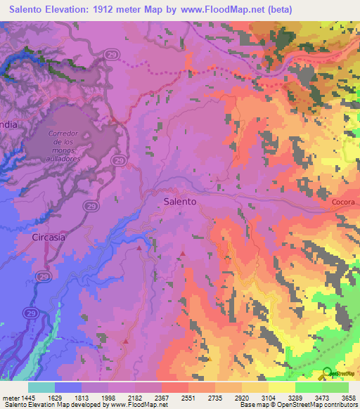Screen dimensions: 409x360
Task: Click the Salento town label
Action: click(x=180, y=201)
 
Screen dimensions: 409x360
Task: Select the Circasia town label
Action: click(x=49, y=238)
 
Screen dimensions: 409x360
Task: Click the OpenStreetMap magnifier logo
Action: click(x=327, y=373)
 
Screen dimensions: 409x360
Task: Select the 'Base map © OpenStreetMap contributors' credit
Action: click(x=297, y=405)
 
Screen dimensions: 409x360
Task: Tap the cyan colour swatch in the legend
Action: click(x=41, y=387)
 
